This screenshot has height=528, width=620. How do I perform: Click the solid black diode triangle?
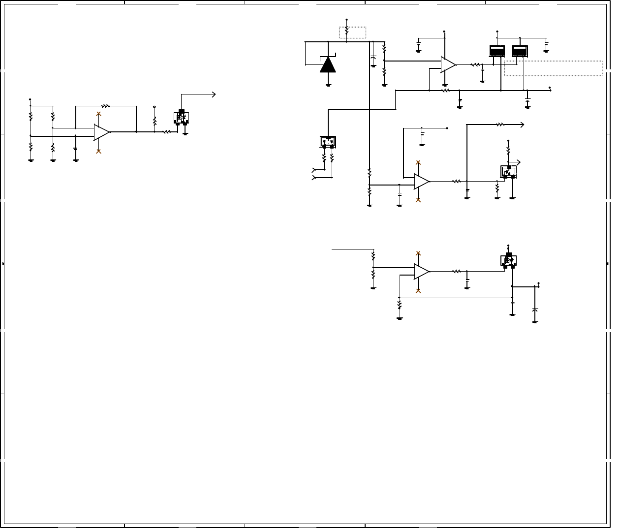pos(328,65)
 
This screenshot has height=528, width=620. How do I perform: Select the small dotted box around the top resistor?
pos(352,32)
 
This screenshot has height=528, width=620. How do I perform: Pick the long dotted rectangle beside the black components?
pos(554,68)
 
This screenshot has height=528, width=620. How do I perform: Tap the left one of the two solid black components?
pos(497,51)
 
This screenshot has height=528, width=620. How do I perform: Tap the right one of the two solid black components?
pos(520,51)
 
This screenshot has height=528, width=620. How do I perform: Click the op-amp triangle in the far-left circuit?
pos(101,132)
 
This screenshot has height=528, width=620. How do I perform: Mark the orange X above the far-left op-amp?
pos(98,114)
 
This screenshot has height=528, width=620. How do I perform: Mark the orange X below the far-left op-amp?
pos(98,151)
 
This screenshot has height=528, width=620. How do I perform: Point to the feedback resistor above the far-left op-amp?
pos(105,106)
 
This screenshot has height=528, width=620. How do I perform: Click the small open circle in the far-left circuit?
pos(155,106)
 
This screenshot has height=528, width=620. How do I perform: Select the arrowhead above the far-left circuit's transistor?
pos(214,94)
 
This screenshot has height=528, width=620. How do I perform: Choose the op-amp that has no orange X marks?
pos(448,64)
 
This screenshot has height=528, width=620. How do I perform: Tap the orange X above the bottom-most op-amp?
pos(418,253)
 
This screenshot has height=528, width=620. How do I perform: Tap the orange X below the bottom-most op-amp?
pos(418,291)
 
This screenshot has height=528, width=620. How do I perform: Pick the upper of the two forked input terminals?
pos(314,170)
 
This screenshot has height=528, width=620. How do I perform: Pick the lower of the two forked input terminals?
pos(314,177)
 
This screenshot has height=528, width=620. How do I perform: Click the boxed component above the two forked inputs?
pos(328,142)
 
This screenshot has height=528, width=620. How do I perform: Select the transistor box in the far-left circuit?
pos(182,118)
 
